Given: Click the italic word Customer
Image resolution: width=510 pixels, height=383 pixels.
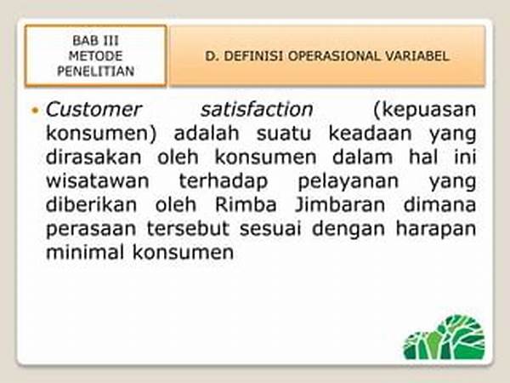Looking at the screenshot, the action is (93, 110).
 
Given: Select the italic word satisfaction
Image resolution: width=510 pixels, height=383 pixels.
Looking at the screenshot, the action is (257, 110).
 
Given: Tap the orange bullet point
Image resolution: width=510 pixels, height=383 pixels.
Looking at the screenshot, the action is (35, 111).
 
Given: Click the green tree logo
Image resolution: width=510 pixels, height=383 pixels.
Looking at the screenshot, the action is (445, 337).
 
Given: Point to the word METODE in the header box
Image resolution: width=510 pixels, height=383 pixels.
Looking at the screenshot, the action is (95, 56).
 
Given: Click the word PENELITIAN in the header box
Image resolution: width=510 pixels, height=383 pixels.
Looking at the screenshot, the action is (95, 71).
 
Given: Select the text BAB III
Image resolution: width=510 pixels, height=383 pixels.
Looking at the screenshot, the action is (95, 41).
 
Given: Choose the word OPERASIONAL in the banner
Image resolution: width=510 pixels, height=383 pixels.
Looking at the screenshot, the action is (334, 56).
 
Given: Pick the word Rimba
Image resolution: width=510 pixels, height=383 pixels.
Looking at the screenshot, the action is (246, 205).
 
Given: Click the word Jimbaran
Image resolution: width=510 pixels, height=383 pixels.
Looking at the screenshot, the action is (340, 205).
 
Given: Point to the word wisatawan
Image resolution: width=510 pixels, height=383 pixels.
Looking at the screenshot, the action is (98, 181).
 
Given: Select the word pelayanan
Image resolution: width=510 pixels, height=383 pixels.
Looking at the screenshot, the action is (348, 182).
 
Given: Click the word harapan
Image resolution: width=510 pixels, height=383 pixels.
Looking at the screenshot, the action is (436, 230).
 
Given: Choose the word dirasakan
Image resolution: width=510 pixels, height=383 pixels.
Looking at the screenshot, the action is (93, 157).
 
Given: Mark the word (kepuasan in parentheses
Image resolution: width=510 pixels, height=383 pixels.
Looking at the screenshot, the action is (425, 111).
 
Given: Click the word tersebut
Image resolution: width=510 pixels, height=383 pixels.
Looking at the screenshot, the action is (188, 229).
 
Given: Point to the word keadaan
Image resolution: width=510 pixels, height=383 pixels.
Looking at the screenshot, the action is (370, 134).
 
